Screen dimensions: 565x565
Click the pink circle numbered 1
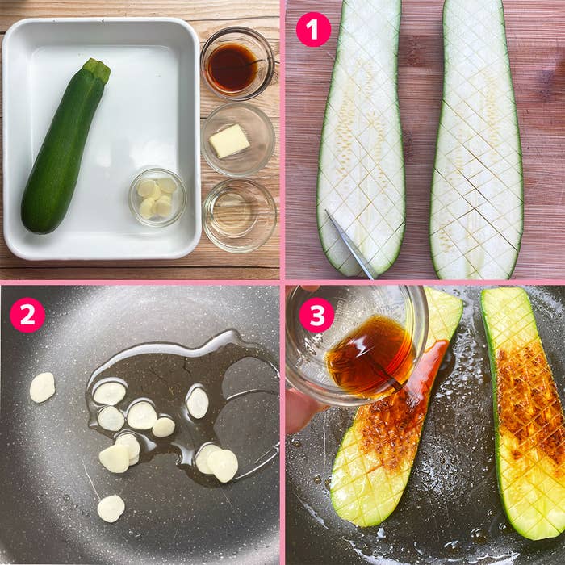313,29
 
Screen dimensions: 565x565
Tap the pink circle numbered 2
27,315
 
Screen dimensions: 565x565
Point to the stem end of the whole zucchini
98,69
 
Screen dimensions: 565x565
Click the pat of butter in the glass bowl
229,140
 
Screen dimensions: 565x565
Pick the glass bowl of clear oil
239,215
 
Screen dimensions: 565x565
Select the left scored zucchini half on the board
361,137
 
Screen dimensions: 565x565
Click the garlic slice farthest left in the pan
42,387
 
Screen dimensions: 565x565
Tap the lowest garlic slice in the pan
111,508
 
